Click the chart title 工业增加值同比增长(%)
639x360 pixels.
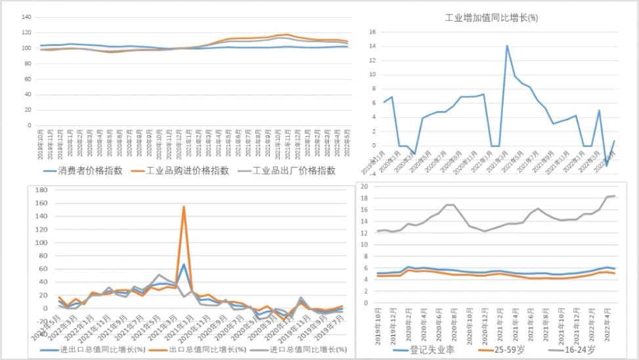click(491, 18)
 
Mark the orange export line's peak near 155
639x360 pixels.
click(183, 207)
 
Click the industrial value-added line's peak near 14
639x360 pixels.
click(507, 46)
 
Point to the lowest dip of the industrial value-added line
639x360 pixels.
click(606, 166)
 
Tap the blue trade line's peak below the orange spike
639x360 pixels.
click(184, 264)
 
